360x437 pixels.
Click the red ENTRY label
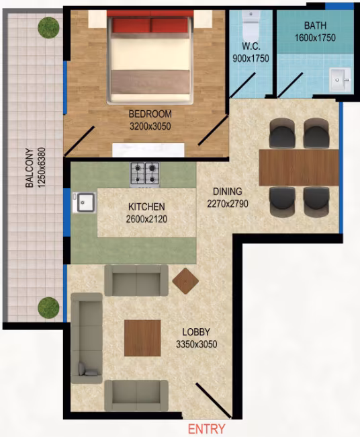207,429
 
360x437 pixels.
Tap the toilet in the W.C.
251,26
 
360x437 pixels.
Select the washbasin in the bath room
340,80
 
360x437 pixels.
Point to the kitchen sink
85,202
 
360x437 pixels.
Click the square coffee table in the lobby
142,338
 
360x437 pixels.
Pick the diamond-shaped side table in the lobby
185,281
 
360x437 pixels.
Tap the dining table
299,167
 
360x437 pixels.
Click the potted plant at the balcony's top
48,28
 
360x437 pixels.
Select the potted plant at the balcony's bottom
48,307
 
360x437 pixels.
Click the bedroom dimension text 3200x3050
150,126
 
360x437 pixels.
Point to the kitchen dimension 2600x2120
146,219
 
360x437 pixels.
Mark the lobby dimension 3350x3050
197,344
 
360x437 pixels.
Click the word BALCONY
30,168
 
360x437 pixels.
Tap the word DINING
228,192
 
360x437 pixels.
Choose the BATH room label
315,26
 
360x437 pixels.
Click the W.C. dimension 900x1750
251,58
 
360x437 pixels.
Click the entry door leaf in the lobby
214,400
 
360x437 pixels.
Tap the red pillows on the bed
150,26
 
